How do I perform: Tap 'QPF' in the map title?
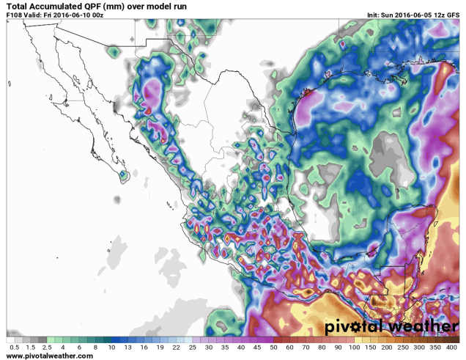91,7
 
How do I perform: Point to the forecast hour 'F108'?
14,15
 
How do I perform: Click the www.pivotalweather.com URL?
49,356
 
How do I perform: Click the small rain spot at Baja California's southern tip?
122,175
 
